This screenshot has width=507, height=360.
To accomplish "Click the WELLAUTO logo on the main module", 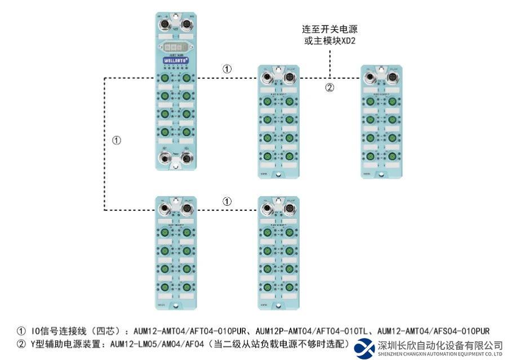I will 175,59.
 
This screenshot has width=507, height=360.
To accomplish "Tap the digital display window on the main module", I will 175,47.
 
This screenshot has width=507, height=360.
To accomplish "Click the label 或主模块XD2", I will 330,41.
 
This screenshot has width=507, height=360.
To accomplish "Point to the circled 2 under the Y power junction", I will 330,87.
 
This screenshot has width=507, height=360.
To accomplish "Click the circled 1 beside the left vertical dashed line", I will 117,140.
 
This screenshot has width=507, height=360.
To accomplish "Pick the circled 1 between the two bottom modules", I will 226,201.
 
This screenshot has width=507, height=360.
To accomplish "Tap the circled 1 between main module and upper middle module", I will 226,69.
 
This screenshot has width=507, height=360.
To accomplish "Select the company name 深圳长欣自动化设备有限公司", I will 440,345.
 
